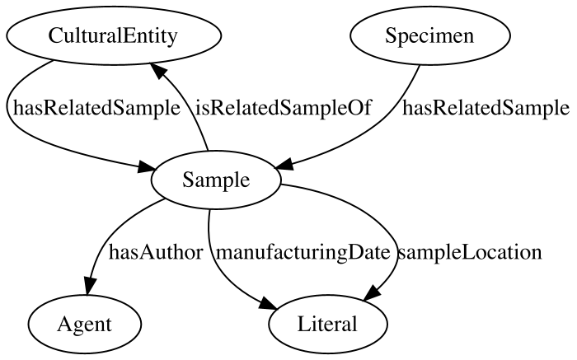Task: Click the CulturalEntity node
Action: click(114, 35)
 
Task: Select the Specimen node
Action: click(429, 35)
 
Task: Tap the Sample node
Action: click(216, 180)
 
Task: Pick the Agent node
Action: click(84, 324)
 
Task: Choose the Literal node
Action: click(327, 324)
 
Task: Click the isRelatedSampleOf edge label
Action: click(284, 108)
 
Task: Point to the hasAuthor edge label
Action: click(156, 252)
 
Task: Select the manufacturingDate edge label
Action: click(303, 252)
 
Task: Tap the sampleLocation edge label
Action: click(470, 252)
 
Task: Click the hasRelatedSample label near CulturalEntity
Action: click(96, 108)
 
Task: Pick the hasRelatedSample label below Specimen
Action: click(486, 108)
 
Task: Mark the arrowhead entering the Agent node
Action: click(89, 286)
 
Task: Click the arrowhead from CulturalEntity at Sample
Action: click(148, 168)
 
